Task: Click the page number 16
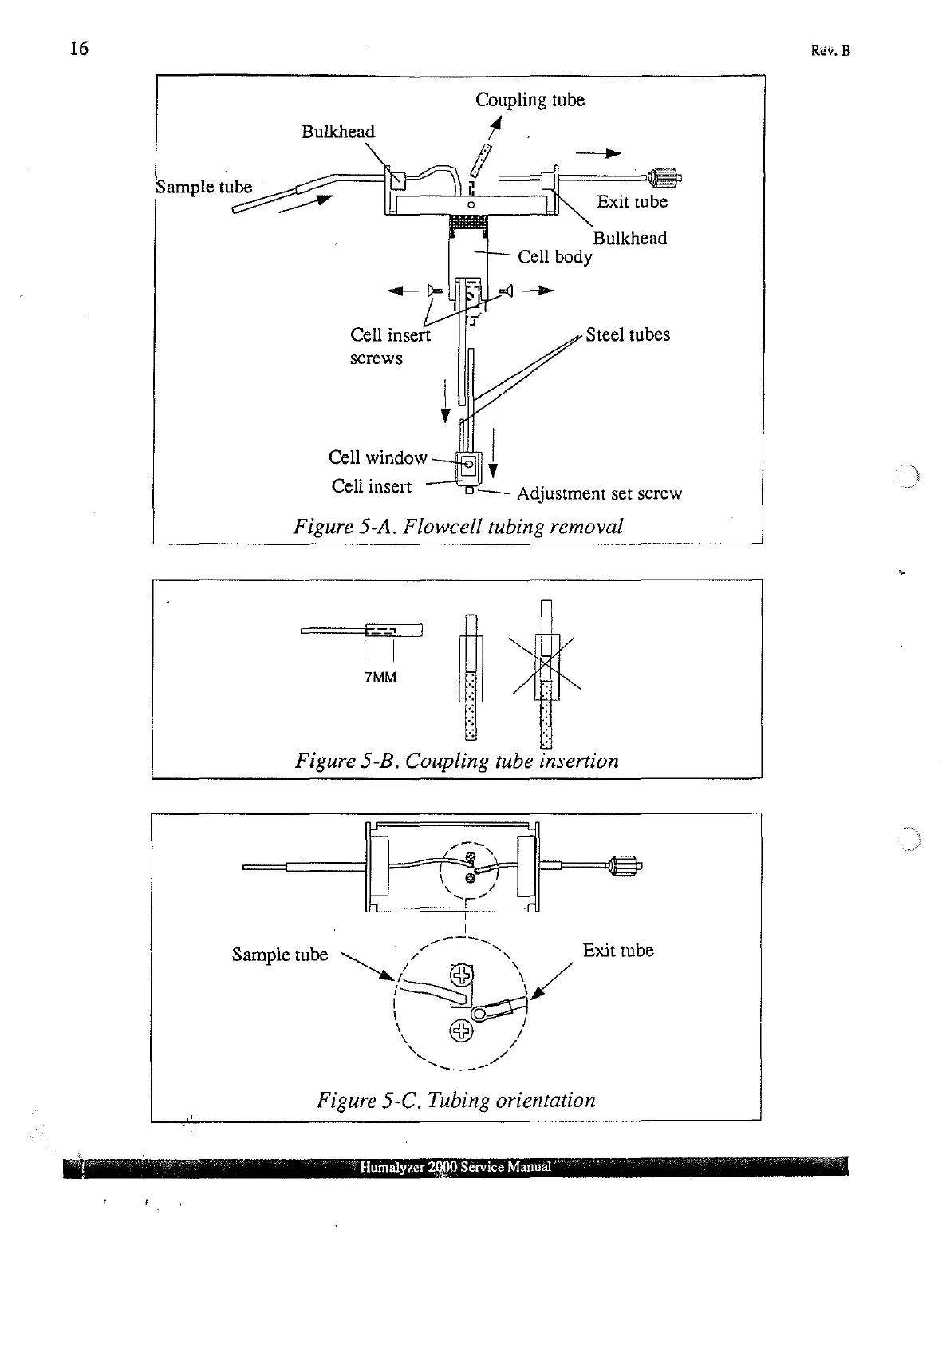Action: click(x=79, y=49)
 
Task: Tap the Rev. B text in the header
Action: click(x=830, y=51)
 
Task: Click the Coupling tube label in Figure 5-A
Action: click(x=530, y=100)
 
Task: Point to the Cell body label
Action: click(x=554, y=257)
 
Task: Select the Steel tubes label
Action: click(x=628, y=335)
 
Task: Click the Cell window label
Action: click(x=377, y=457)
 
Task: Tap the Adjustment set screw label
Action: click(x=599, y=494)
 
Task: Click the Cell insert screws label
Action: click(x=389, y=346)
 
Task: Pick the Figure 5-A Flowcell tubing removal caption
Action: click(x=458, y=527)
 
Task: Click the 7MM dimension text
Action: click(x=380, y=678)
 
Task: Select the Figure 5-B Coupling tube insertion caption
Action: click(x=457, y=761)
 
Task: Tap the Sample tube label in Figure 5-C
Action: click(x=279, y=955)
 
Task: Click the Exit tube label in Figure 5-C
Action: click(x=617, y=951)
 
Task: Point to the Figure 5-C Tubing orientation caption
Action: click(x=456, y=1100)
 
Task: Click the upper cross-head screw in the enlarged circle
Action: click(x=462, y=975)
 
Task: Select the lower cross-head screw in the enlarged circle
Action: click(x=462, y=1031)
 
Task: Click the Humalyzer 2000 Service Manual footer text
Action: click(x=455, y=1167)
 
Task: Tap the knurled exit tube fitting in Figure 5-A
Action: click(x=664, y=177)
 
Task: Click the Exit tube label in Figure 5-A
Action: click(x=632, y=202)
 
